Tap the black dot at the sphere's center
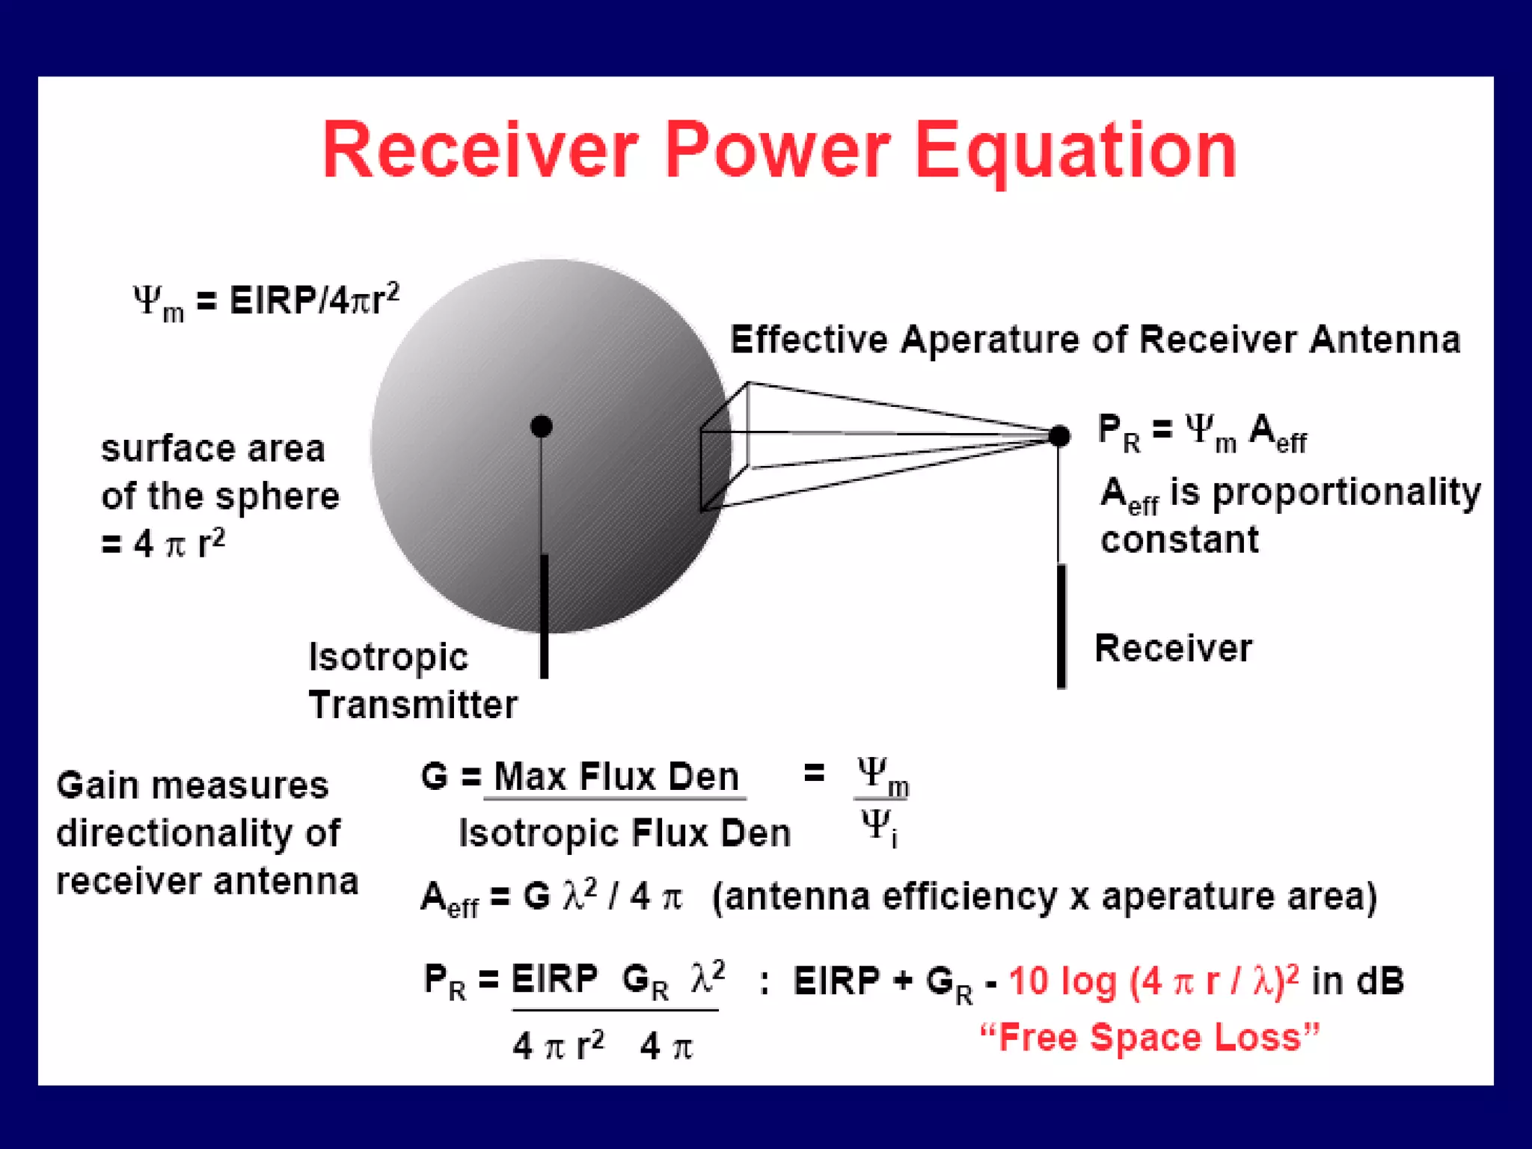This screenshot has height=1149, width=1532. [541, 426]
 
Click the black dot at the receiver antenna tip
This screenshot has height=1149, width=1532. [1059, 435]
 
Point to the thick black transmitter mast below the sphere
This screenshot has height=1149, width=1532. [544, 616]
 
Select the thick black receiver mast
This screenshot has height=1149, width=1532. [1061, 627]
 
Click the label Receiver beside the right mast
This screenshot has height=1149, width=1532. [1172, 648]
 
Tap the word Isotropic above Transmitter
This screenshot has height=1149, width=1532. [388, 658]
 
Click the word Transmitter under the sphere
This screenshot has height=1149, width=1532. [413, 705]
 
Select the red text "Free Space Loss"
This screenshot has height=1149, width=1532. [1150, 1038]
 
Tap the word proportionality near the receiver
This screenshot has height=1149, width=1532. [1346, 493]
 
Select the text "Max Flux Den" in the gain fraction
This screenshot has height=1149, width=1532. [616, 776]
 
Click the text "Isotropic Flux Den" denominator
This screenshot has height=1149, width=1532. [624, 833]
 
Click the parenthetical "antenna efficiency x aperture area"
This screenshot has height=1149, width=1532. [1044, 896]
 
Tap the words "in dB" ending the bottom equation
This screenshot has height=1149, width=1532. [1358, 981]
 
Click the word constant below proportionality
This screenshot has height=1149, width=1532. [1179, 539]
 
